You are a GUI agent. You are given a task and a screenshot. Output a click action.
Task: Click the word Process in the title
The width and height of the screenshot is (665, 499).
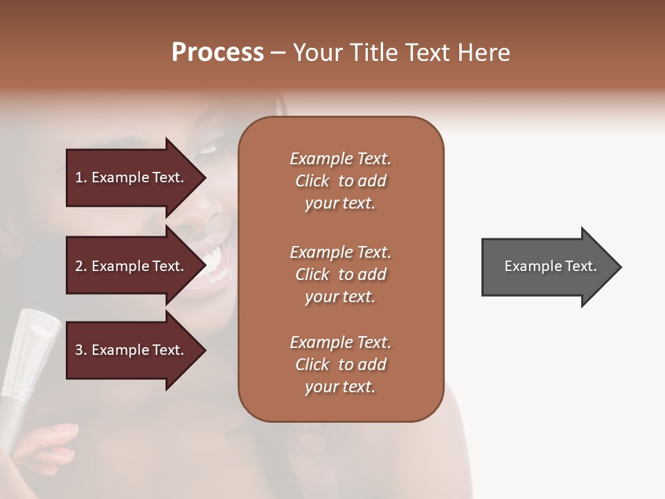pos(218,53)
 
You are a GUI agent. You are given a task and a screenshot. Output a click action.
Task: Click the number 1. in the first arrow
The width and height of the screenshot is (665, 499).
pos(81,178)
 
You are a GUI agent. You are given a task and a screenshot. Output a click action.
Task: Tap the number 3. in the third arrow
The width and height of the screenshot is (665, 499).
pos(81,351)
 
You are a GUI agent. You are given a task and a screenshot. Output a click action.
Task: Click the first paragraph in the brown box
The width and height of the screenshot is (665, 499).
pos(340,181)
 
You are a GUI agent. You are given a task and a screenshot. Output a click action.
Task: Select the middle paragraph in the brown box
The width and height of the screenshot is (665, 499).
pos(340,274)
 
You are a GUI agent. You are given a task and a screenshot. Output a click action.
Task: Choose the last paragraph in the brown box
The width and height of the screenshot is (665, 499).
pos(340,365)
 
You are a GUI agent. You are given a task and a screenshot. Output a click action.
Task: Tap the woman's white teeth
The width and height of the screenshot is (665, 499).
pos(211,261)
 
